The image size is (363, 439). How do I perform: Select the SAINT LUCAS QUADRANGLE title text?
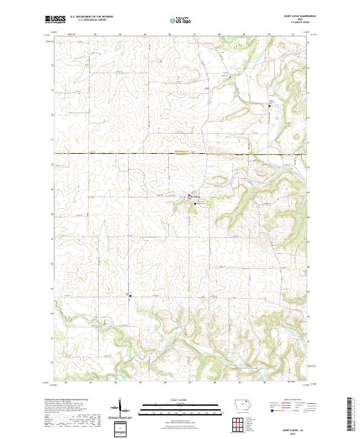point(296,17)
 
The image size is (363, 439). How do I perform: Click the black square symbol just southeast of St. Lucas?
point(195,204)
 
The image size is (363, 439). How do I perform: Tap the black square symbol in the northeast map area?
point(270,107)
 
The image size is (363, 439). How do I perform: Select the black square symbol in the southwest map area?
point(130,295)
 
